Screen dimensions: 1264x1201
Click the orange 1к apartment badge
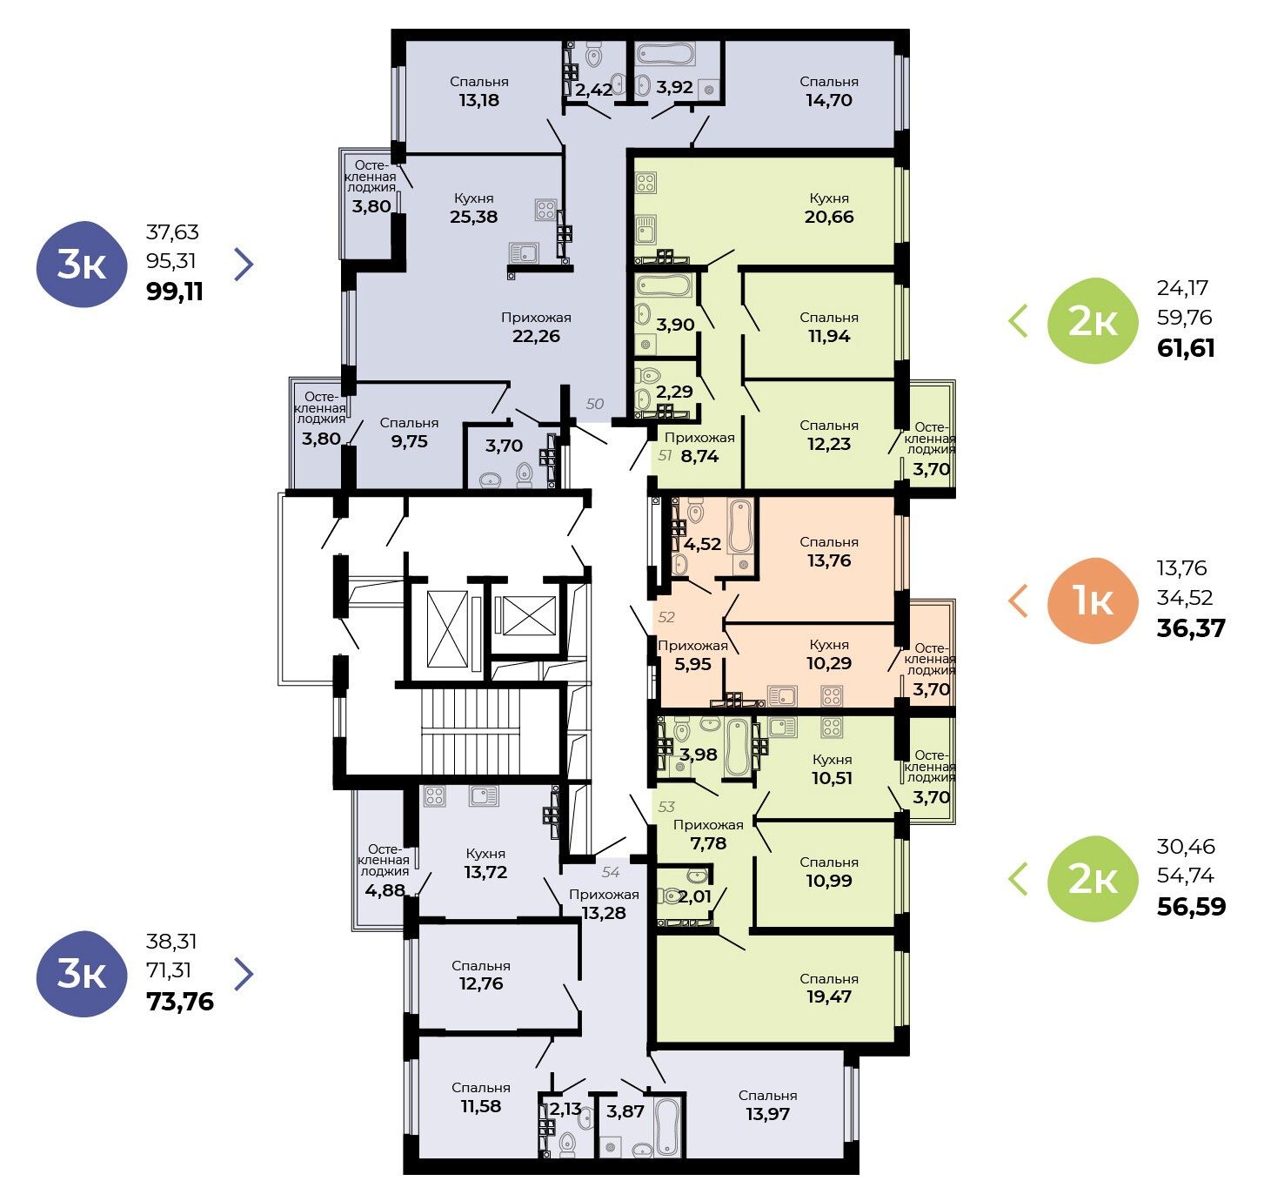(x=1093, y=600)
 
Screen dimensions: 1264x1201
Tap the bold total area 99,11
(x=175, y=292)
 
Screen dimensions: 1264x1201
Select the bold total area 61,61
(x=1186, y=348)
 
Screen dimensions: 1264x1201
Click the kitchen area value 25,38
(x=474, y=217)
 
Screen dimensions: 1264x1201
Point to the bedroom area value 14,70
(x=829, y=100)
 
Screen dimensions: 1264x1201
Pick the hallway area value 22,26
(x=536, y=336)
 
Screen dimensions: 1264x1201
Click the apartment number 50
(x=595, y=404)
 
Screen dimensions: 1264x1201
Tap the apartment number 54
(x=611, y=872)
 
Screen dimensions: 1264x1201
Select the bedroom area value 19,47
(x=829, y=996)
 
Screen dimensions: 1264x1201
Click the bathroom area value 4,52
(x=702, y=544)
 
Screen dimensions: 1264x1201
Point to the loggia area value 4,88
(x=385, y=890)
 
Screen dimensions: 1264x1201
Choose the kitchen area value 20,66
(x=829, y=217)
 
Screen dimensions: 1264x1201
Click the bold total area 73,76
(x=180, y=1002)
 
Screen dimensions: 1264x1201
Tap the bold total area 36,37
(x=1191, y=628)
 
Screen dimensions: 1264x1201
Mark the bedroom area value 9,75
(x=409, y=441)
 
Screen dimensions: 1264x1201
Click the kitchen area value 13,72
(x=485, y=872)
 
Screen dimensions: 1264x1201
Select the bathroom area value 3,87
(x=625, y=1110)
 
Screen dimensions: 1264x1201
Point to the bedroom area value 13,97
(x=767, y=1113)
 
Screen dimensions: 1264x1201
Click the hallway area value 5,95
(x=692, y=663)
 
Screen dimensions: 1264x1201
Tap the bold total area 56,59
(x=1191, y=907)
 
